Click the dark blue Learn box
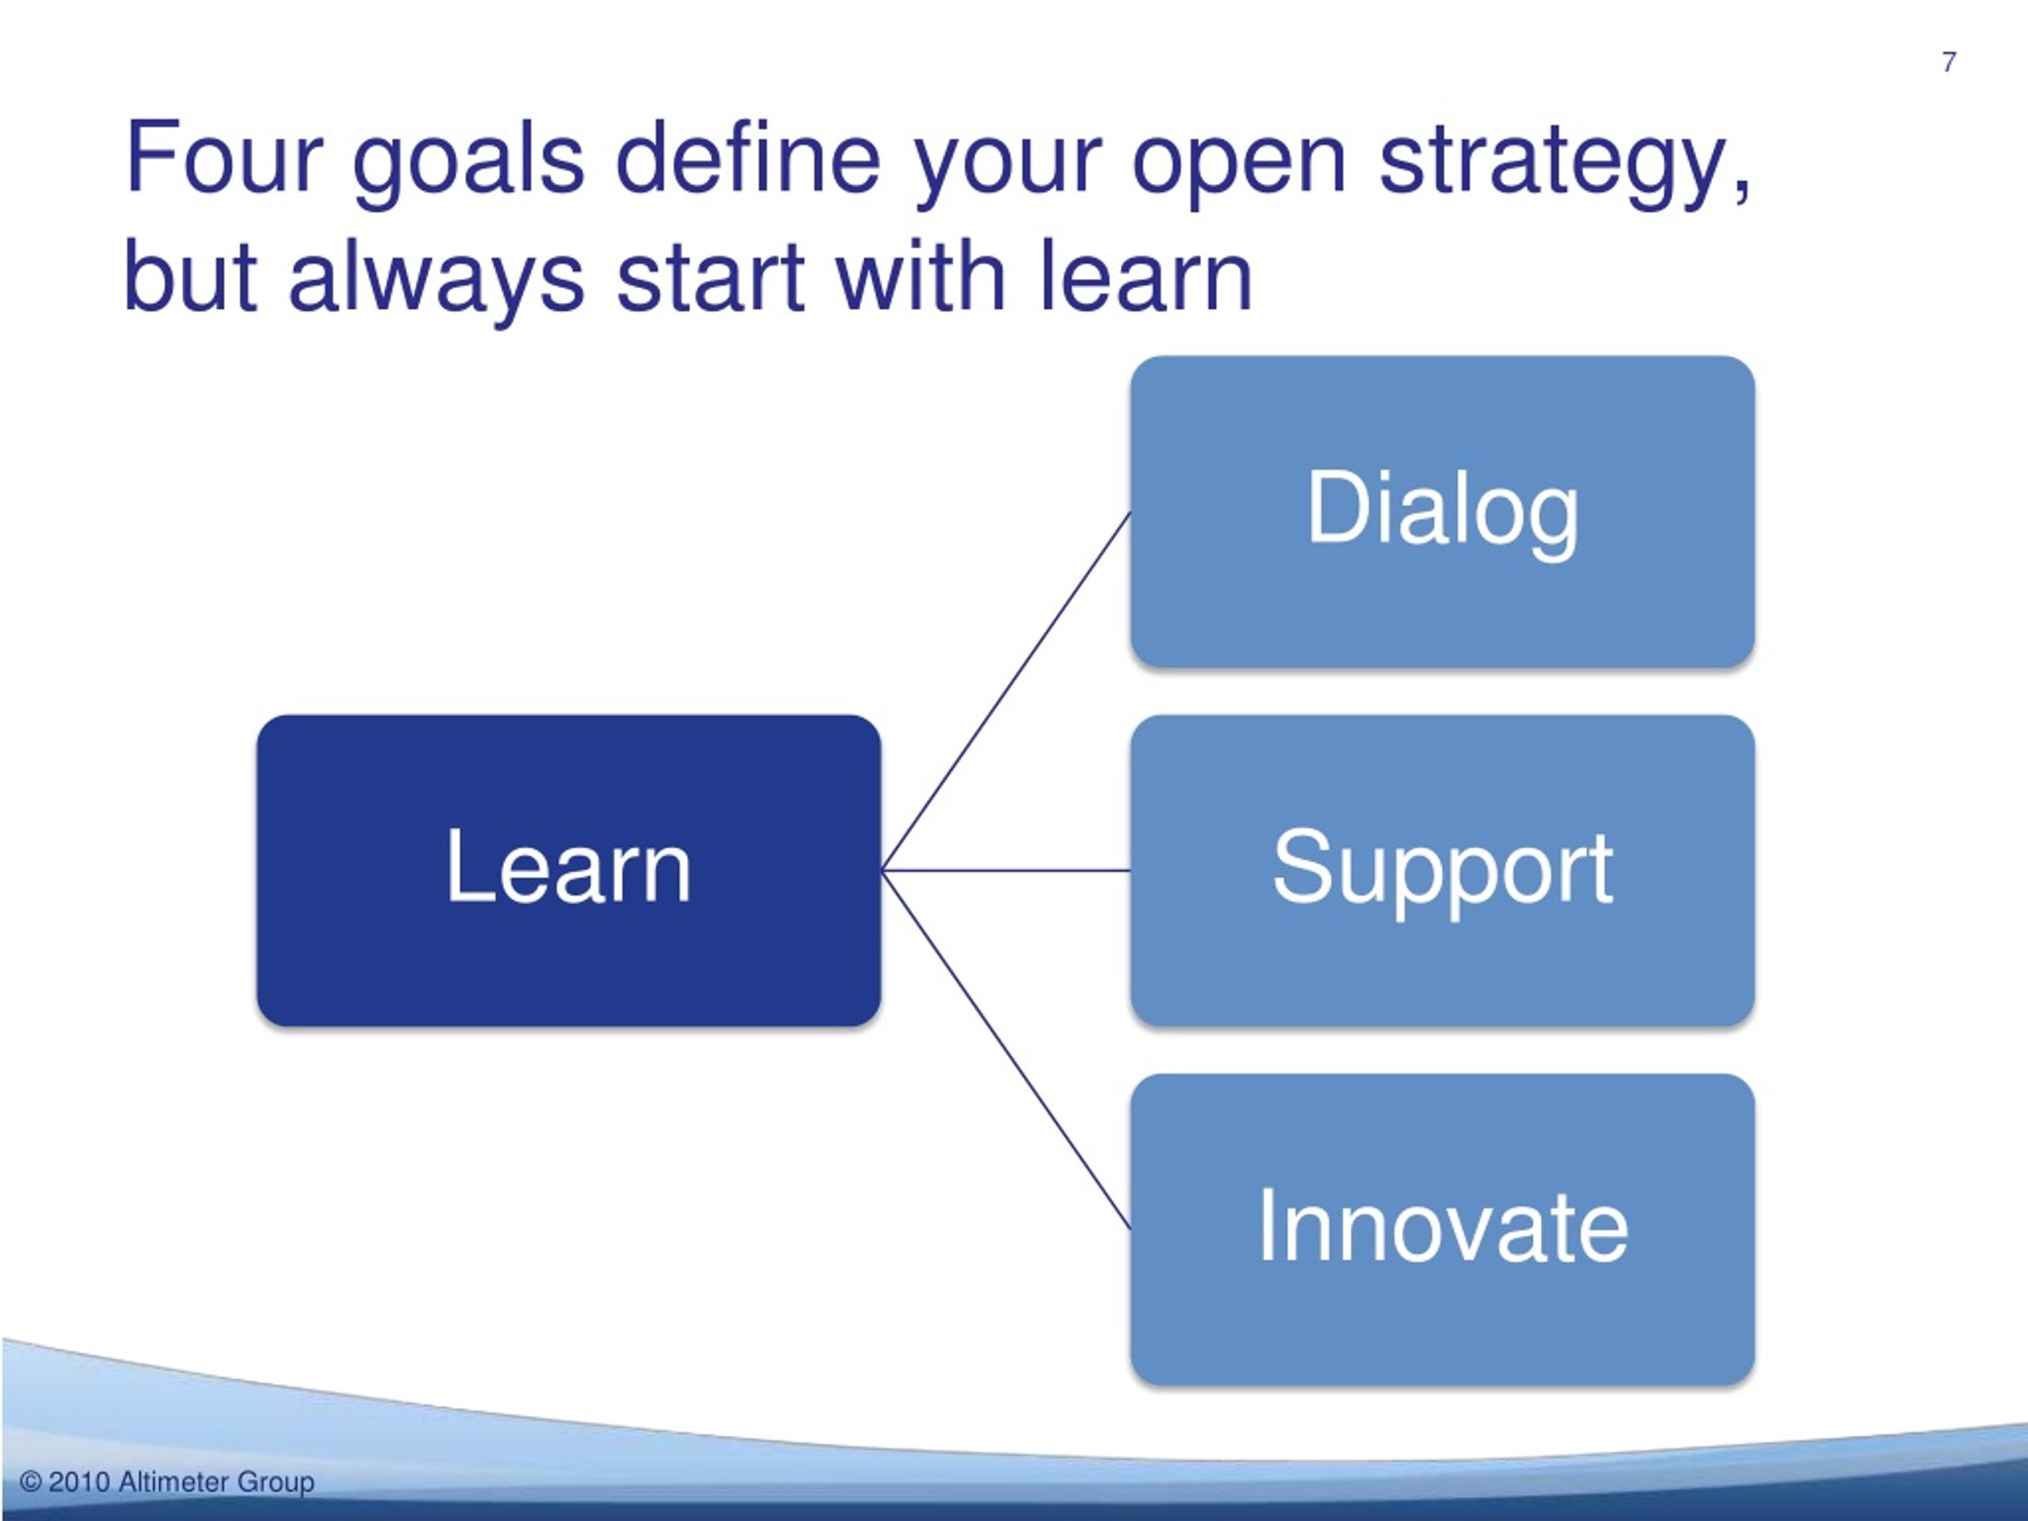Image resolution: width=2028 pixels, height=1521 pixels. tap(569, 870)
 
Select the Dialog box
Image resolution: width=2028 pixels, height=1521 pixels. tap(1442, 512)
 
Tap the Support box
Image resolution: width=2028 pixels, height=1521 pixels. tap(1442, 870)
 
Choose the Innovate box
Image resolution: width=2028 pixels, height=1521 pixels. tap(1442, 1229)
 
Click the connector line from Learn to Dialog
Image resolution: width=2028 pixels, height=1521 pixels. tap(1006, 692)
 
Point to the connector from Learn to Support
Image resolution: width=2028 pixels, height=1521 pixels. tap(1006, 870)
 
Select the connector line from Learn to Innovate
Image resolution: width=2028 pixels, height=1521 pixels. tap(1006, 1050)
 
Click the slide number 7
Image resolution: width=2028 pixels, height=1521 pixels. tap(1949, 63)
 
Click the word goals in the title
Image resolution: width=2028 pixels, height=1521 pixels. tap(468, 165)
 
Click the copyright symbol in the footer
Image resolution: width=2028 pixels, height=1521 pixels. tap(31, 1481)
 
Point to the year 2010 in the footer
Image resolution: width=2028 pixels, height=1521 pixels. tap(79, 1481)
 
